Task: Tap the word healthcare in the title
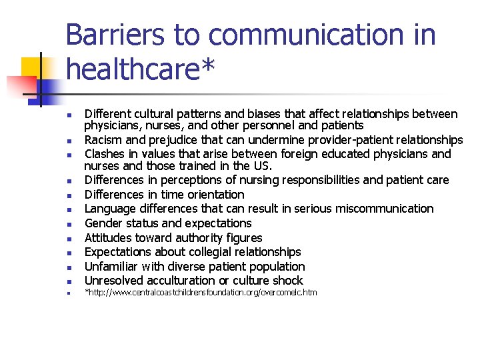[134, 68]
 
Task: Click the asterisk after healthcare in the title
[209, 65]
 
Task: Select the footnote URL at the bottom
[201, 293]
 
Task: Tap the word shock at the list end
[288, 281]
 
